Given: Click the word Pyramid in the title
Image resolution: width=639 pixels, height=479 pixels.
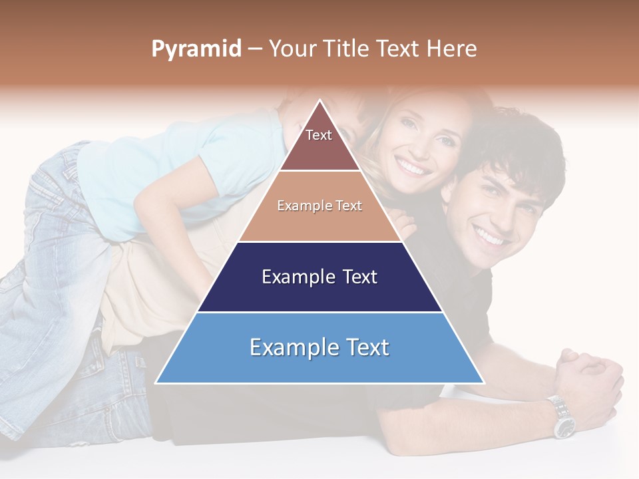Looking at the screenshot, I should [x=196, y=49].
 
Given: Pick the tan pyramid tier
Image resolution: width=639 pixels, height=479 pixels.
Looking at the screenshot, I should [x=319, y=220].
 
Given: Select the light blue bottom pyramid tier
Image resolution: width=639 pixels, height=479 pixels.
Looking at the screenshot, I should [x=319, y=359].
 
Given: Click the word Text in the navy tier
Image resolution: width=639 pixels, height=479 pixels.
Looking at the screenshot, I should [x=354, y=277].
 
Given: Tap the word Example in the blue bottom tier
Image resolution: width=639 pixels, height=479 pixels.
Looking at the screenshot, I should [x=288, y=347].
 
